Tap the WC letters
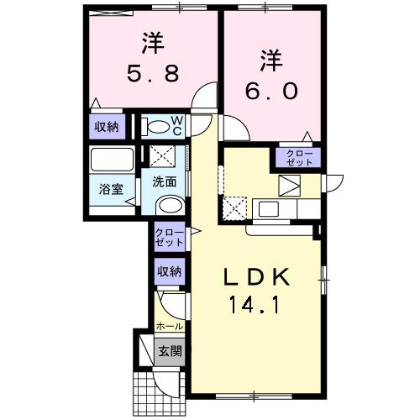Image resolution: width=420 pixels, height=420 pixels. pyautogui.click(x=179, y=127)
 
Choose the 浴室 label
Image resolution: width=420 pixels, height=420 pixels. pyautogui.click(x=112, y=189)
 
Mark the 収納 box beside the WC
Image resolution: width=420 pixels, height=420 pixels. pyautogui.click(x=107, y=127)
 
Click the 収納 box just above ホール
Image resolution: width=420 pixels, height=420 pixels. pyautogui.click(x=168, y=271)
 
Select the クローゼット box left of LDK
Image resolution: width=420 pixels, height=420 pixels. pyautogui.click(x=168, y=237)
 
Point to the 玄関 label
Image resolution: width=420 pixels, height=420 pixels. pyautogui.click(x=170, y=351)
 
